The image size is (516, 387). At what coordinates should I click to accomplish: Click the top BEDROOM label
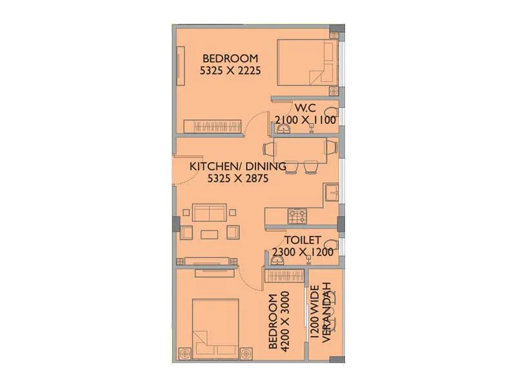point(230,58)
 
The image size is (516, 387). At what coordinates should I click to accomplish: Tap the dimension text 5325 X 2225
point(230,71)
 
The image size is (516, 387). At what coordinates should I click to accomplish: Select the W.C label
point(304,107)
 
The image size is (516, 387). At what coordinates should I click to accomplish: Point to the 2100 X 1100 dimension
point(306,120)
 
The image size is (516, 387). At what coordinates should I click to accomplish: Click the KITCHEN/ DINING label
point(237,166)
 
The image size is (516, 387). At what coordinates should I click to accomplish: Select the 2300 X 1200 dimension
point(303,252)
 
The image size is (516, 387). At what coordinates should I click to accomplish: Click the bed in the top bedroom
point(306,63)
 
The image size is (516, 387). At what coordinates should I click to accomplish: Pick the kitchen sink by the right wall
point(332,192)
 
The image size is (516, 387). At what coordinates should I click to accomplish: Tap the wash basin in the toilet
point(278,259)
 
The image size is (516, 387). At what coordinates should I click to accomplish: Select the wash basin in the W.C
point(286,130)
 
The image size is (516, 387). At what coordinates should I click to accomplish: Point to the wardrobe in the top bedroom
point(212,126)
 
